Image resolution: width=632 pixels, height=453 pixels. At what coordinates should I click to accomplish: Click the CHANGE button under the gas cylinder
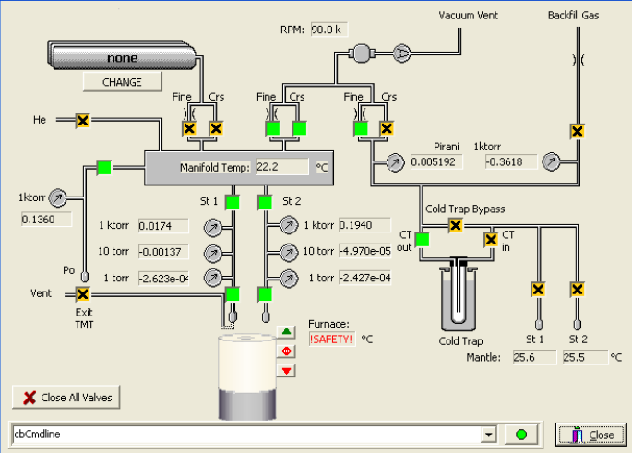122,82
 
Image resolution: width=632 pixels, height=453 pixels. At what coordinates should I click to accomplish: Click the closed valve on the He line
83,121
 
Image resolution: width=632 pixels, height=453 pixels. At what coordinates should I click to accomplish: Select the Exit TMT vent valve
83,294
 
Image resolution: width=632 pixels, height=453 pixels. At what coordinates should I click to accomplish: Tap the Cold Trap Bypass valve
456,225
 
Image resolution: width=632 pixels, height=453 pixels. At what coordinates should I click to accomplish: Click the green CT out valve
422,240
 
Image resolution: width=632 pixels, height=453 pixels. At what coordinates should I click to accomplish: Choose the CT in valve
491,240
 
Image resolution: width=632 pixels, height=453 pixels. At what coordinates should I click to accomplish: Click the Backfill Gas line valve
578,131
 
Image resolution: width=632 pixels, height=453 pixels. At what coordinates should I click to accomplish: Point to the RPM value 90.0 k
328,30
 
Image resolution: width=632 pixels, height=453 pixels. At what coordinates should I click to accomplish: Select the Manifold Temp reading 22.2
282,167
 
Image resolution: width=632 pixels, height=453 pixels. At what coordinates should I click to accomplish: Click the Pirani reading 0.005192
436,162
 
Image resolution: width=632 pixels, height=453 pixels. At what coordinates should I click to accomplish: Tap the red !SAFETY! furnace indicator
332,340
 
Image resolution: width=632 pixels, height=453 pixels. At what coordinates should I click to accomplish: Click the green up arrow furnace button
286,332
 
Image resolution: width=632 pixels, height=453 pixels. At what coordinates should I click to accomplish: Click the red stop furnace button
286,352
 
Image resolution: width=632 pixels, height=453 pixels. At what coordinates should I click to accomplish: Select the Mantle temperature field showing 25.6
534,357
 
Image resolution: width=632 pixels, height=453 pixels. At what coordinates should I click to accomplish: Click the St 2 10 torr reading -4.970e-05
364,251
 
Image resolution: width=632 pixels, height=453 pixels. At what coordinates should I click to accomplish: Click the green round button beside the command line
521,435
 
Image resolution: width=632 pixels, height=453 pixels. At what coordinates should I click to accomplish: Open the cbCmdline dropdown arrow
488,435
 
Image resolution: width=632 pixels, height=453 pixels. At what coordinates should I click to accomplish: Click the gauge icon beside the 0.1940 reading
289,225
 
